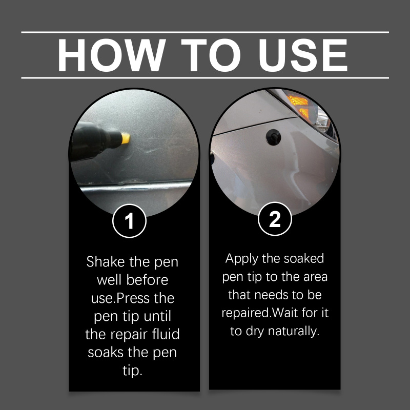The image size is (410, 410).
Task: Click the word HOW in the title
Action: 111,55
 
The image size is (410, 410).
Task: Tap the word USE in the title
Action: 303,55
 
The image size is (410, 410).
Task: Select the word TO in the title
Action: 211,55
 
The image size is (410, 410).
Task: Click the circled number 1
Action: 129,221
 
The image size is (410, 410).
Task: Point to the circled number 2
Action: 275,219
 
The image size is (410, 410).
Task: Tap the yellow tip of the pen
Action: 126,138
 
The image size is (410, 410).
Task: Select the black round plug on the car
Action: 274,137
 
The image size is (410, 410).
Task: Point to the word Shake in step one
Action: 106,262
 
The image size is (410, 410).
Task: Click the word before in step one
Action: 147,280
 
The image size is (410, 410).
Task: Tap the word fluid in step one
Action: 166,334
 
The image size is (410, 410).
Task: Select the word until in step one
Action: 157,316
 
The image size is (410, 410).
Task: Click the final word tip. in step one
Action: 133,371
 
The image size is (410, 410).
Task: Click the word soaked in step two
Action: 304,259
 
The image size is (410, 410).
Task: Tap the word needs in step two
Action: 271,295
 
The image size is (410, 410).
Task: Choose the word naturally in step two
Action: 294,332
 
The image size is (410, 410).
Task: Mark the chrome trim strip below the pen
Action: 135,187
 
